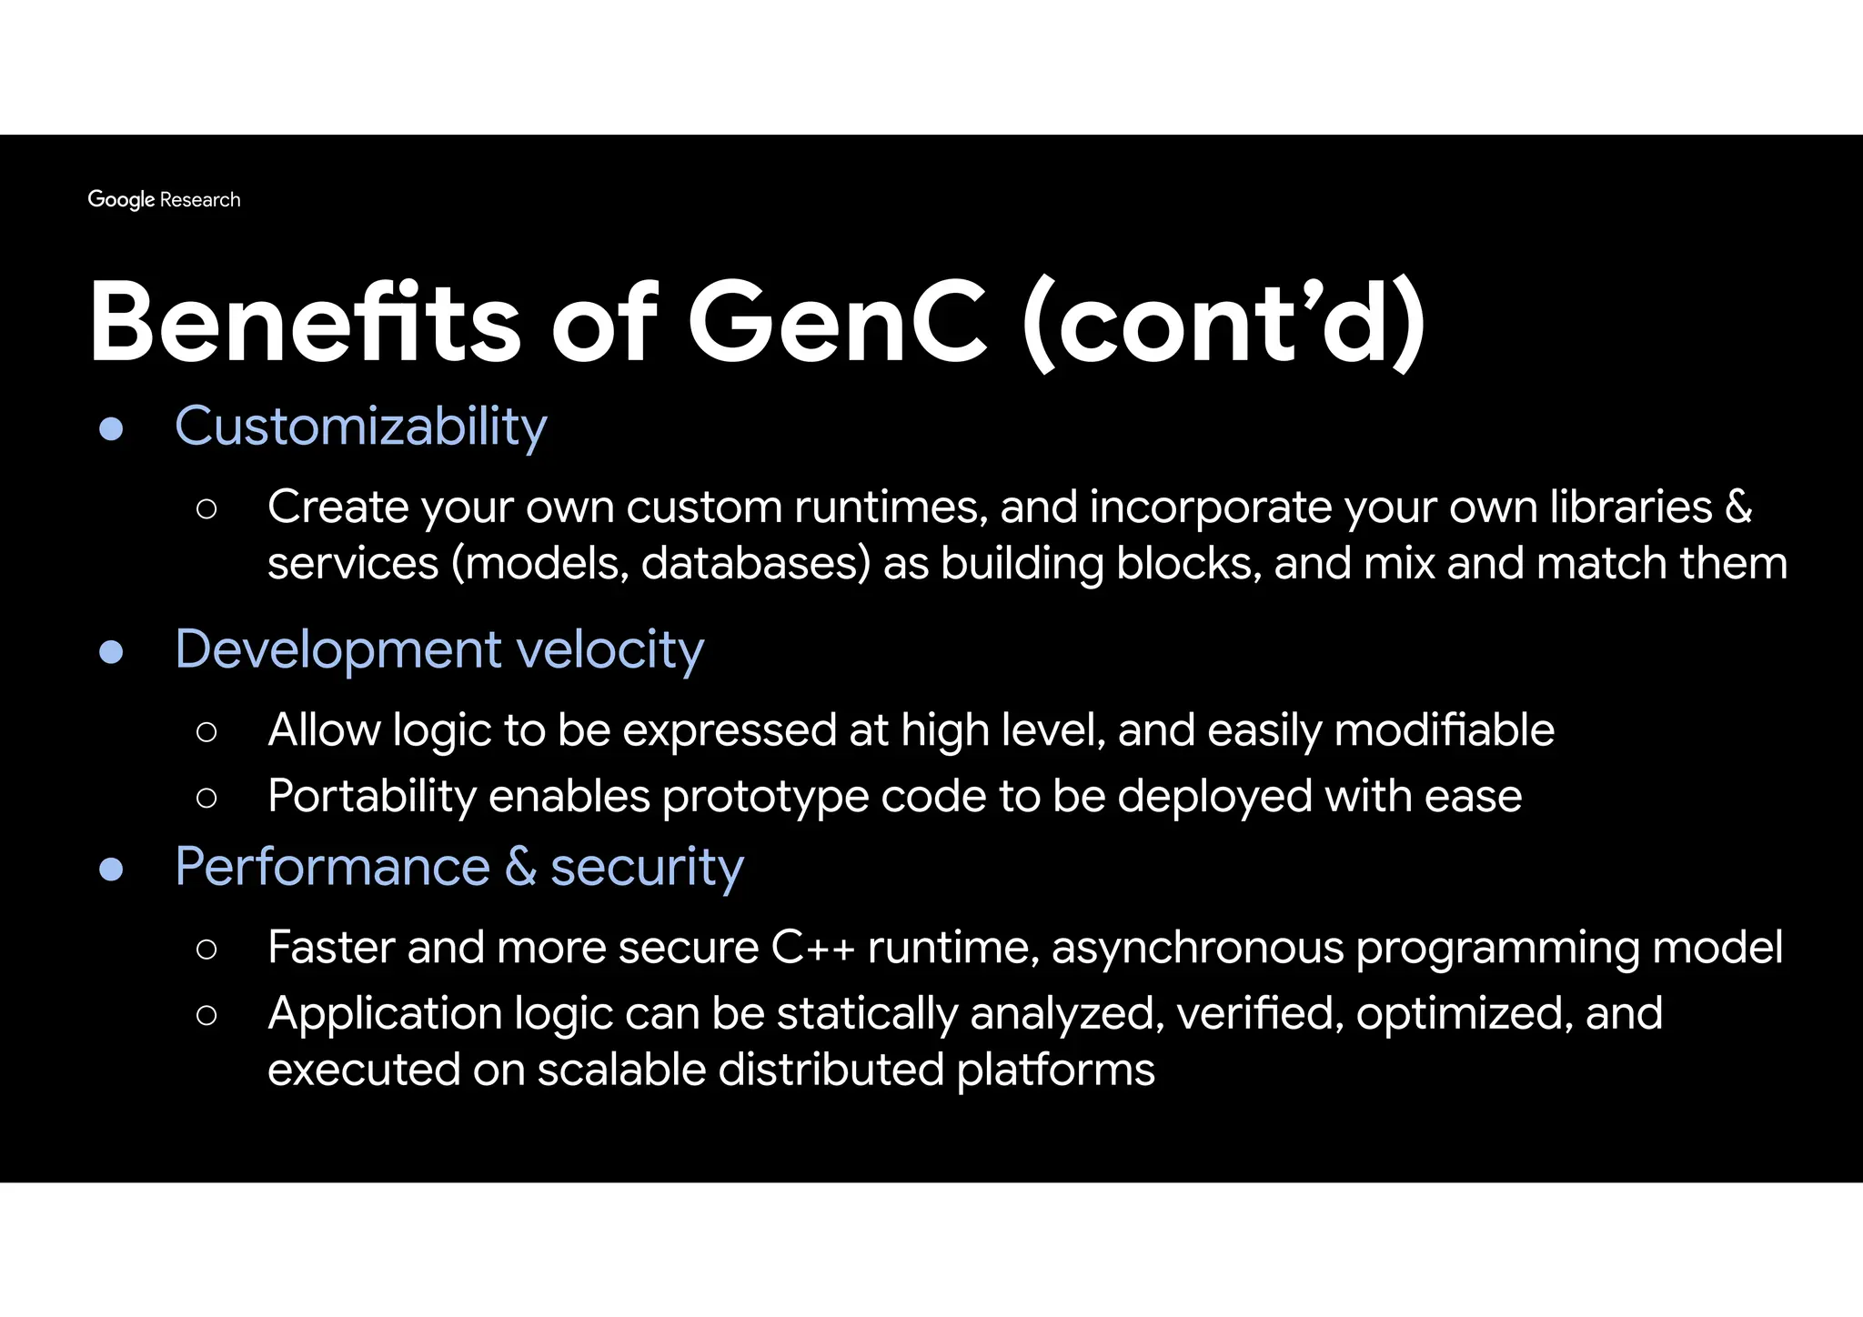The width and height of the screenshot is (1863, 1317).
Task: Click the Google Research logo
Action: [x=164, y=199]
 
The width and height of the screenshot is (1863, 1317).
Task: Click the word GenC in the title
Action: [x=837, y=323]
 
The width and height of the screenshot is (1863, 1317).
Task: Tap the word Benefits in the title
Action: [x=305, y=323]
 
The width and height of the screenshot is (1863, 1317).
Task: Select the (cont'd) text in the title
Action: [x=1224, y=323]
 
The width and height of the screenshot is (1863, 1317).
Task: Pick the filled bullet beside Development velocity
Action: [x=111, y=651]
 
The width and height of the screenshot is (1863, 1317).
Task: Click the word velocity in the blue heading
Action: [x=610, y=649]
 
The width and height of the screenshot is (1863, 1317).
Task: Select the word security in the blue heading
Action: [x=647, y=868]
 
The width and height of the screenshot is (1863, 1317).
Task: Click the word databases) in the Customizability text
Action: [x=755, y=563]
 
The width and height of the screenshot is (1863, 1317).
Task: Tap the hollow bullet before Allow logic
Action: [x=206, y=731]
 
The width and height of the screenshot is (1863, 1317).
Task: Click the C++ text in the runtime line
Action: [x=812, y=948]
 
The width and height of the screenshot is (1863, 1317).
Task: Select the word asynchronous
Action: [x=1197, y=948]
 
